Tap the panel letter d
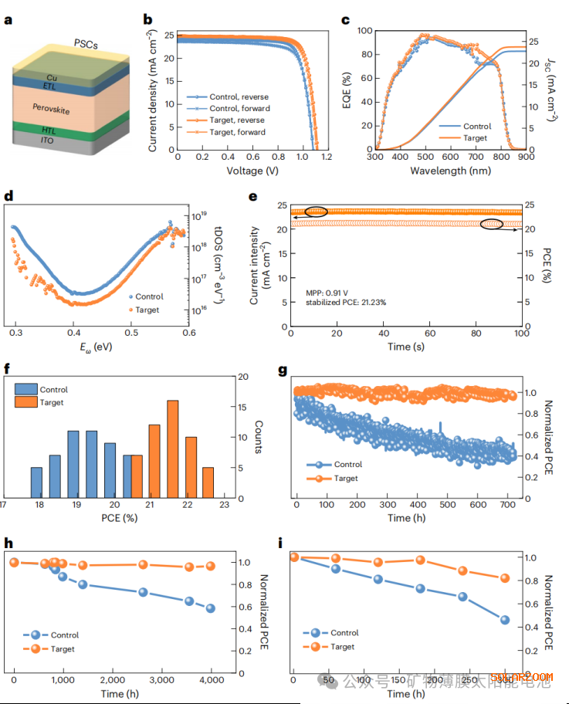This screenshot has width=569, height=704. (9, 196)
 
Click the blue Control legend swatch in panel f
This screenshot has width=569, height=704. (27, 390)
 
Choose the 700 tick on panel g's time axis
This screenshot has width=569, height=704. (510, 504)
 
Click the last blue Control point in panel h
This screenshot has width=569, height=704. (210, 608)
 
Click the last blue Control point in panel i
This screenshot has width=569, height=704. (505, 620)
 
